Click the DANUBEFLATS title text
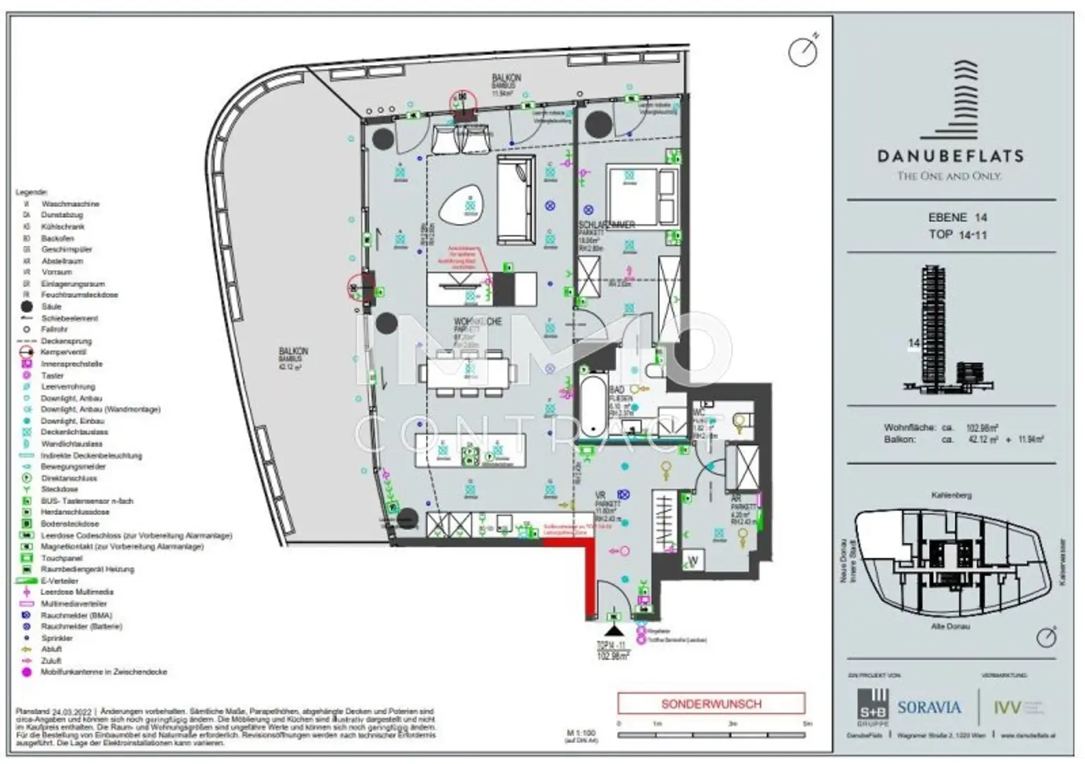(950, 155)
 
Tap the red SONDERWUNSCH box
(711, 704)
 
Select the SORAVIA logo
(929, 707)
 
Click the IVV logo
(1008, 707)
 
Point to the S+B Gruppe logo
(872, 707)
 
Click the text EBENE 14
(957, 218)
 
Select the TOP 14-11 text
(957, 234)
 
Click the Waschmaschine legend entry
(69, 204)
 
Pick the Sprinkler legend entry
(57, 637)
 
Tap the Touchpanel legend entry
(61, 558)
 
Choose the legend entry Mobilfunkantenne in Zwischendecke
(103, 672)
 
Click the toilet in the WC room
(740, 422)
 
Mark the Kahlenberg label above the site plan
(951, 495)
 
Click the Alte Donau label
(950, 627)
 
